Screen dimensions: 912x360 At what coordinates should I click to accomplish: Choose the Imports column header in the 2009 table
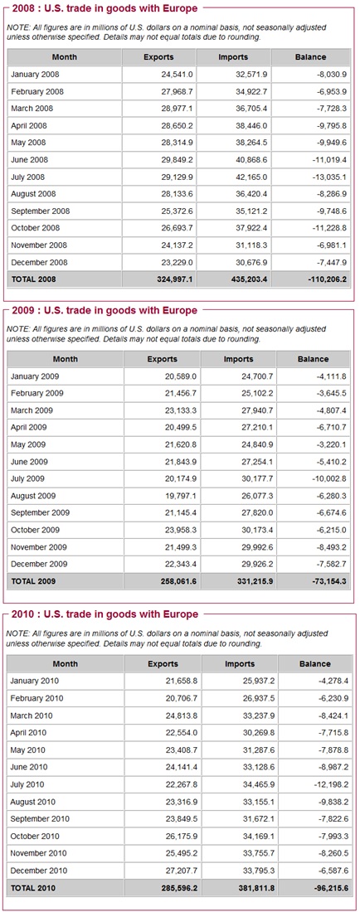[x=239, y=359]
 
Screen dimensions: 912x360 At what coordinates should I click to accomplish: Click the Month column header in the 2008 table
[x=64, y=57]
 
